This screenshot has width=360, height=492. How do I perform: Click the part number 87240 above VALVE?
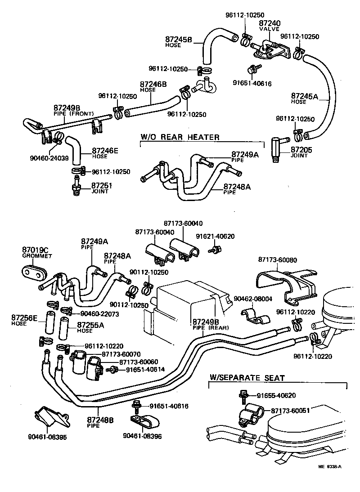[270, 22]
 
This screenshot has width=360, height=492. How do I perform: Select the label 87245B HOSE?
[179, 41]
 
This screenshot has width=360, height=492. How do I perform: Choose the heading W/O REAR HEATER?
[180, 137]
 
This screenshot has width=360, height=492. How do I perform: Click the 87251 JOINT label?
[102, 188]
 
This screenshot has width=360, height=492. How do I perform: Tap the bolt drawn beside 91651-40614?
[112, 369]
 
